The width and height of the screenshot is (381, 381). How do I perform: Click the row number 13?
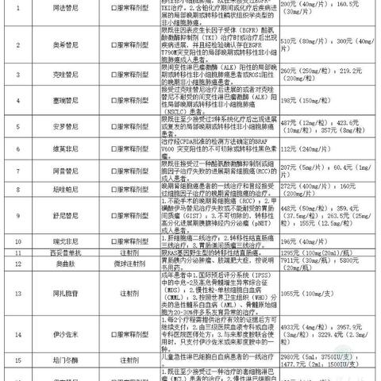click(17, 291)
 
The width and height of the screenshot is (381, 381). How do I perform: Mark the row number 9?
click(17, 214)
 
